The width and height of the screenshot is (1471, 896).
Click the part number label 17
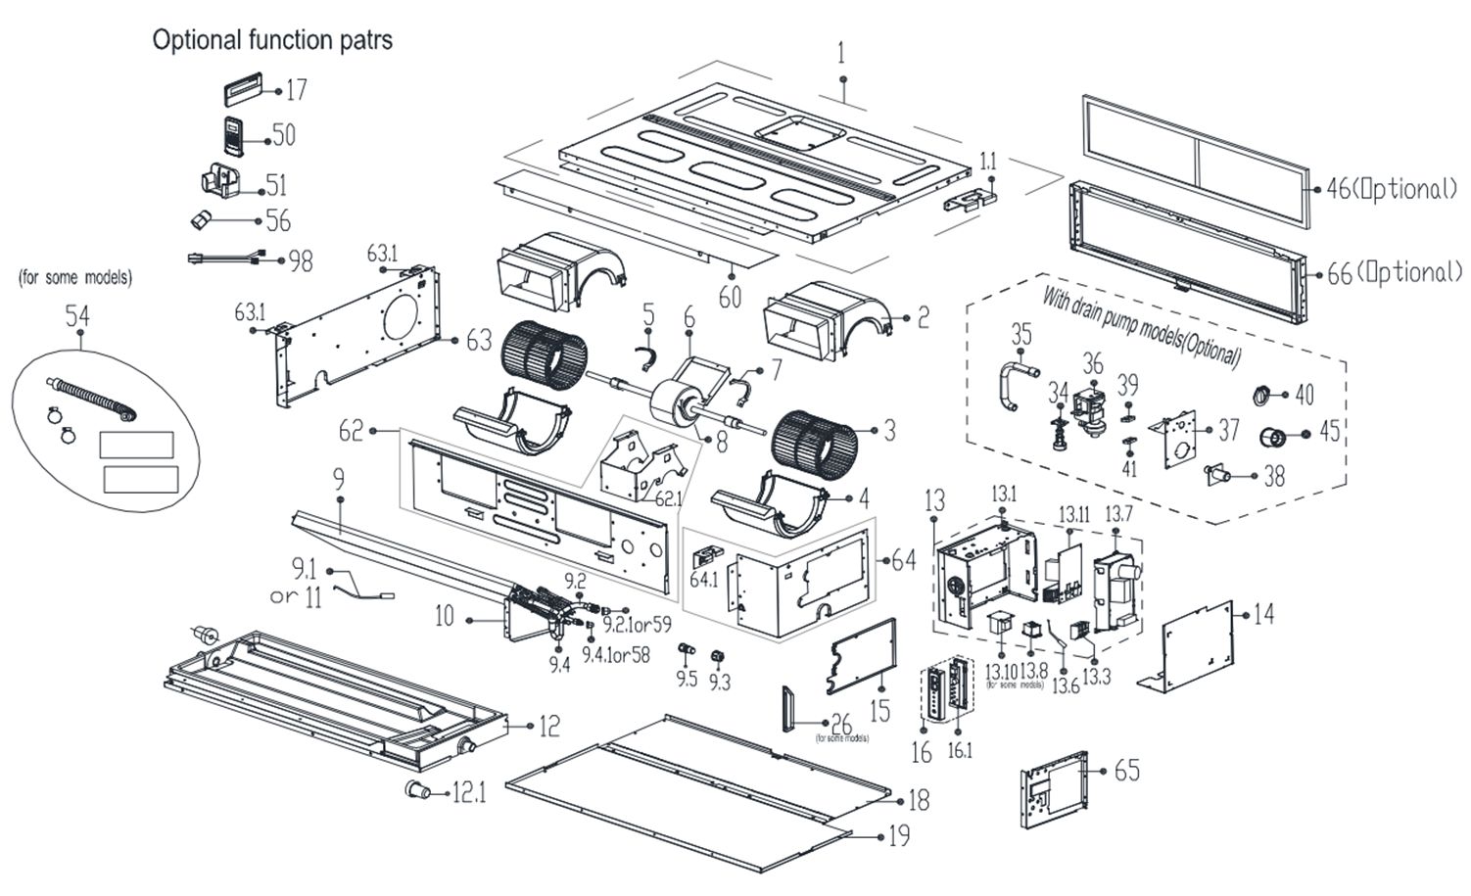(296, 90)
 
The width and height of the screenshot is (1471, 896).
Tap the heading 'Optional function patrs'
(272, 40)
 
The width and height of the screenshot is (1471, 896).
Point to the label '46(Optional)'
(1392, 190)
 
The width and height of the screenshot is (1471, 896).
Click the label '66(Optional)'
(1394, 273)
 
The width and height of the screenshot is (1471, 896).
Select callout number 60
(730, 296)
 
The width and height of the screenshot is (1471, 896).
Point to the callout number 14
(1264, 614)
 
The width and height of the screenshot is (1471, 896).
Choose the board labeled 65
(1054, 785)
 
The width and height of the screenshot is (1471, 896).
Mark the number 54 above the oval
(77, 316)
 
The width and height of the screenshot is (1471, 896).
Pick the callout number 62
(351, 431)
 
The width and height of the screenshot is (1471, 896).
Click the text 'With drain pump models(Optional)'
(1141, 324)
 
